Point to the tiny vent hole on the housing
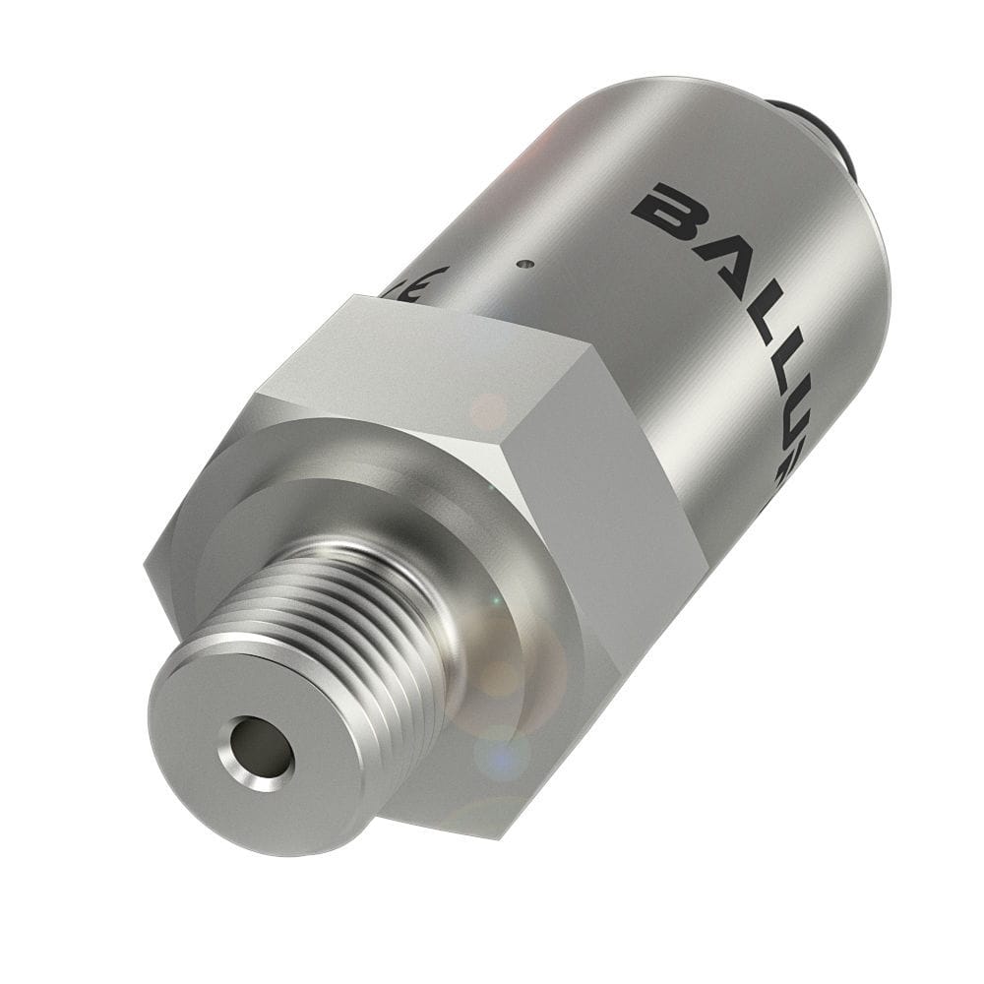coord(527,264)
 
